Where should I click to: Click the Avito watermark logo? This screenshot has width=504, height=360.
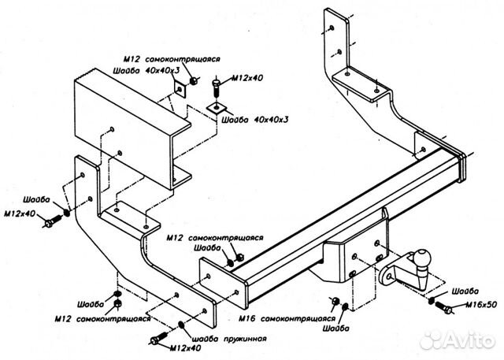(x=461, y=340)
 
